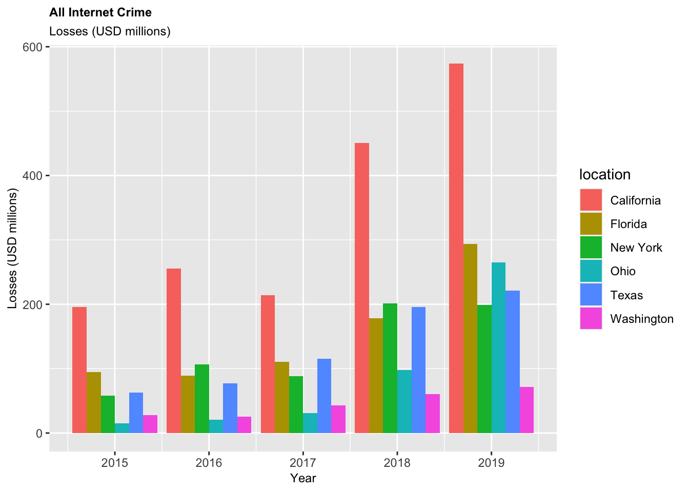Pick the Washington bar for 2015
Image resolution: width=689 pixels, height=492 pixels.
point(150,424)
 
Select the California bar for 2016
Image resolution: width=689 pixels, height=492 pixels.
point(174,351)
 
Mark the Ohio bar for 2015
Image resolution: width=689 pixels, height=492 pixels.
point(122,428)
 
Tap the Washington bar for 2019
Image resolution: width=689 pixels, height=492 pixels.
point(526,410)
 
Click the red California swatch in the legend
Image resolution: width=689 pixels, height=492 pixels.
point(591,200)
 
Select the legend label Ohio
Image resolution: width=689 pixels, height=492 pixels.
point(623,271)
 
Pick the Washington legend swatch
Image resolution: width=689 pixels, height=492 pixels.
point(591,319)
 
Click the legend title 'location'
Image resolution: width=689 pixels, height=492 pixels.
point(605,175)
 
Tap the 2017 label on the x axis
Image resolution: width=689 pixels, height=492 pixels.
point(303,463)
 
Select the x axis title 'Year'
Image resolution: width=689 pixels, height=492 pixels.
point(303,478)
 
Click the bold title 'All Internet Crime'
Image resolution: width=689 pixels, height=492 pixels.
point(100,12)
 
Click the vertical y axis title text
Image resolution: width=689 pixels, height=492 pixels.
point(13,249)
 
